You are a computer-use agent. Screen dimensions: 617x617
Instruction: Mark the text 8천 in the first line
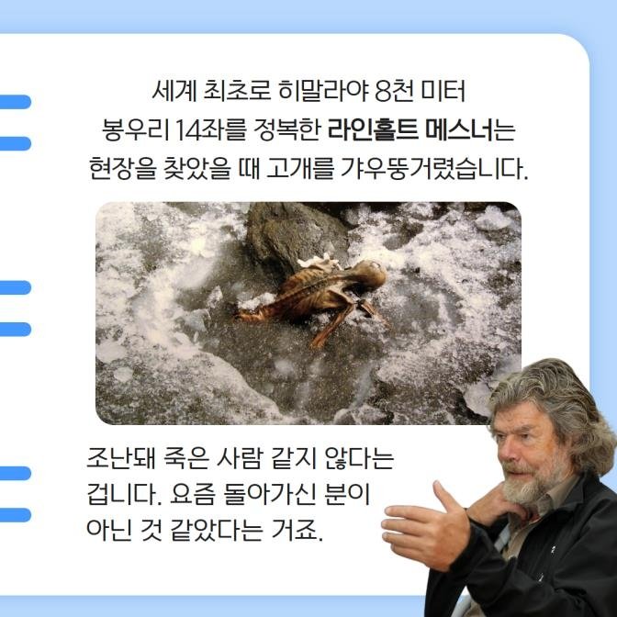coord(390,93)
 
